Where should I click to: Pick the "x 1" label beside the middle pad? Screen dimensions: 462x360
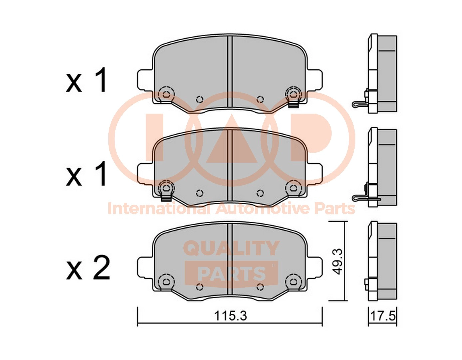86,173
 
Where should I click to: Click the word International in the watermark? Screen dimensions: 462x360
159,209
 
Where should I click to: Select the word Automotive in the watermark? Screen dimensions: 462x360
260,209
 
